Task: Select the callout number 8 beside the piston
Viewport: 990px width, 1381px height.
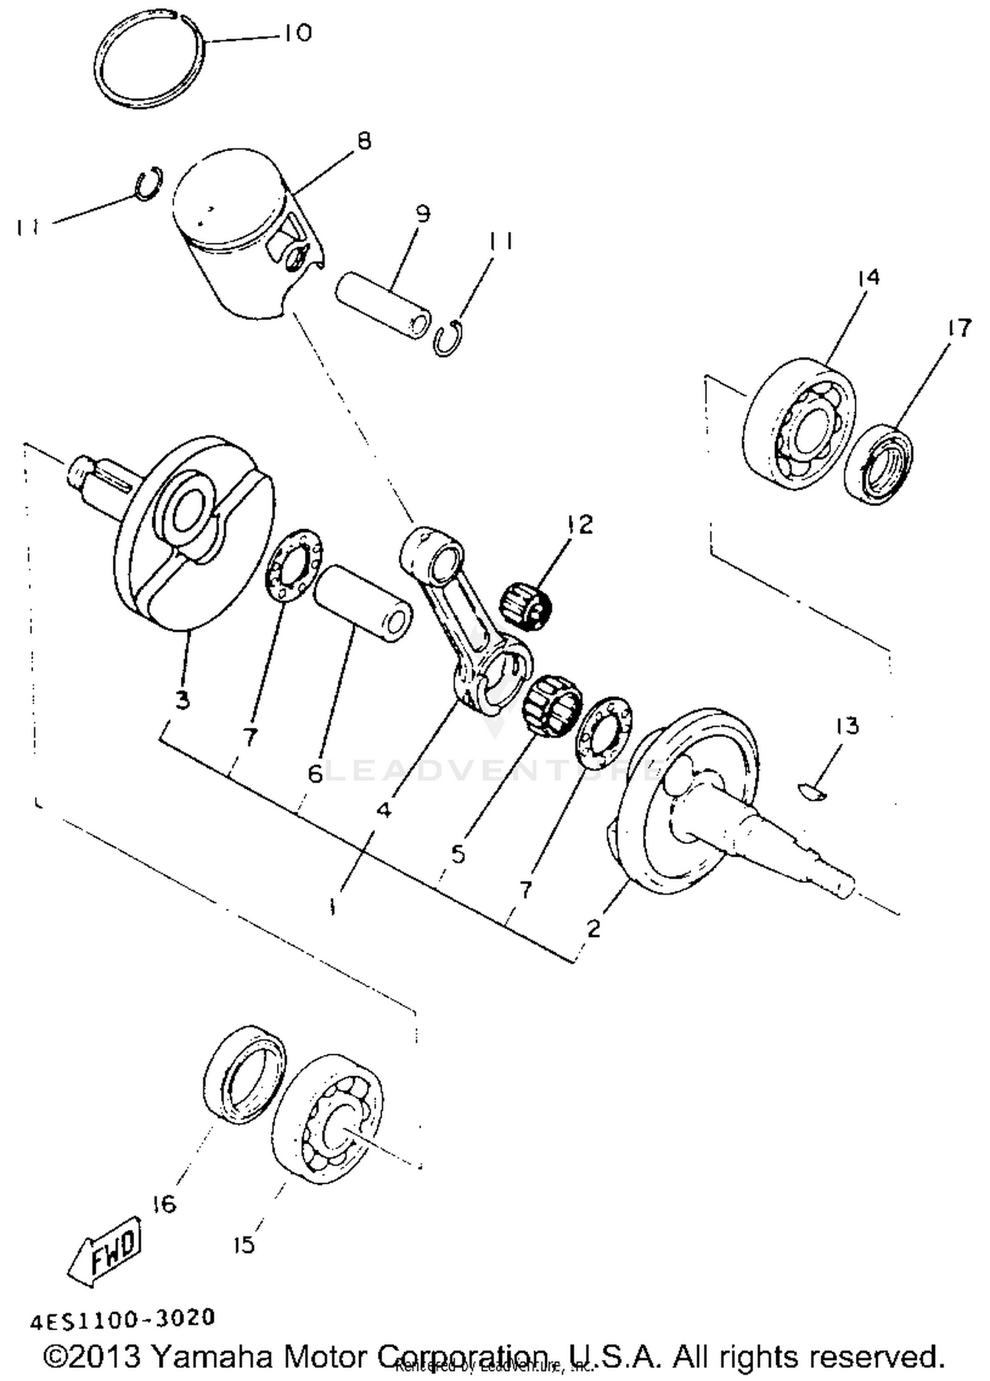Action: (363, 141)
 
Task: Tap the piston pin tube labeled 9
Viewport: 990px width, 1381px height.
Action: (383, 307)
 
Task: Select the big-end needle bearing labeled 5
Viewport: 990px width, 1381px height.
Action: (551, 706)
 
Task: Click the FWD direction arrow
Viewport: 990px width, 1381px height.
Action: (106, 1250)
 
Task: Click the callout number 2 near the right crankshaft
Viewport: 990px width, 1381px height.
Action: (593, 928)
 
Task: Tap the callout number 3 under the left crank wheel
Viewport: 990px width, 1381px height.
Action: (183, 699)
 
